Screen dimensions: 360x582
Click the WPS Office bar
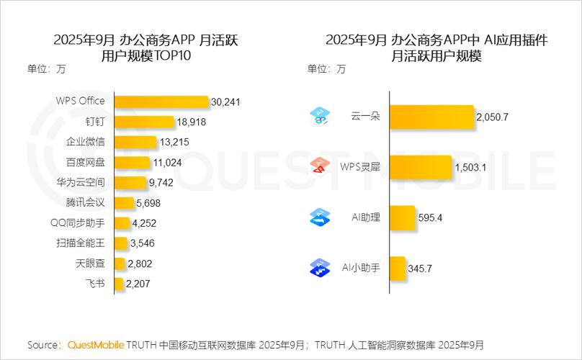point(161,102)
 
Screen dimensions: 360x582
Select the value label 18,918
point(191,122)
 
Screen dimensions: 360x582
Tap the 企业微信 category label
point(85,142)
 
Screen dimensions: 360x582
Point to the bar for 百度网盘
point(132,163)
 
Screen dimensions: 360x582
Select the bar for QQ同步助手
point(122,223)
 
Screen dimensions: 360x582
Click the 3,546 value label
point(142,243)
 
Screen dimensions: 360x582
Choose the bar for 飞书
point(118,284)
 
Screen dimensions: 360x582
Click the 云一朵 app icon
point(319,116)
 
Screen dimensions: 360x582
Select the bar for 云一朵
point(431,116)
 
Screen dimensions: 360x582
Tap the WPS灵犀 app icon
point(319,167)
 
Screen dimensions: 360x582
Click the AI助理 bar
point(403,217)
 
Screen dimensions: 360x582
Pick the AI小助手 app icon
point(319,268)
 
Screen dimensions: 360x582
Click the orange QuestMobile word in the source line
point(96,345)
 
